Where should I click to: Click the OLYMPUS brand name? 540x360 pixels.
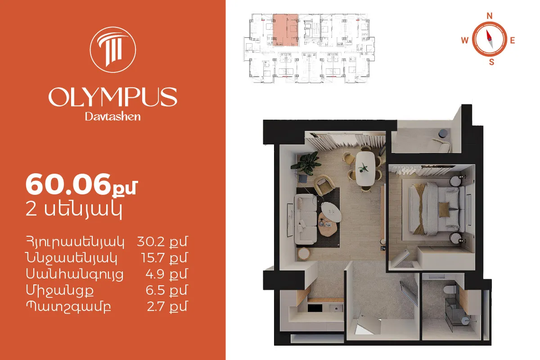(x=113, y=97)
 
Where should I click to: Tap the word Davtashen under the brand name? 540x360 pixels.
(x=113, y=117)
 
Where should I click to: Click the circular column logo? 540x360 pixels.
(x=113, y=49)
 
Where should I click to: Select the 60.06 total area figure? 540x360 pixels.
(x=68, y=184)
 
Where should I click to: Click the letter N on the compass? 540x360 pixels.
(x=490, y=16)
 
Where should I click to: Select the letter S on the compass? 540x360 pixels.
(x=491, y=62)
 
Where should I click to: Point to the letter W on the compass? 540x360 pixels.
(x=465, y=40)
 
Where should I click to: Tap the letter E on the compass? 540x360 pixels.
(x=513, y=40)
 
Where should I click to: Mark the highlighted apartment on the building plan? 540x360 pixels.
(x=286, y=30)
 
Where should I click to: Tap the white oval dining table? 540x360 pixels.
(x=365, y=168)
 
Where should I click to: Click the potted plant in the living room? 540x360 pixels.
(x=306, y=163)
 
